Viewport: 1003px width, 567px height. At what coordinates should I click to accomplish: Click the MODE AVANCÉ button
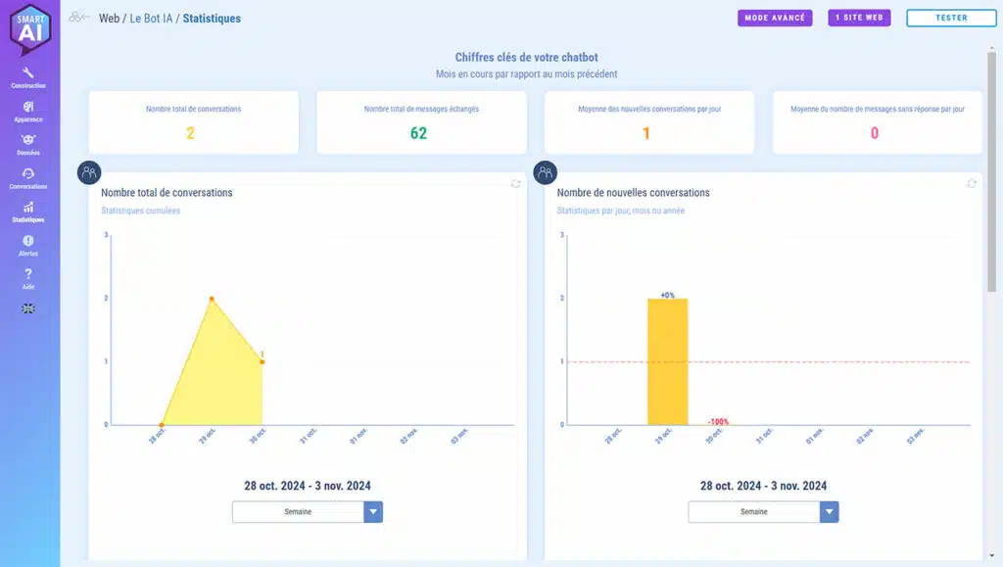point(775,18)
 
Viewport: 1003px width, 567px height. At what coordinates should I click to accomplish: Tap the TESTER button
point(951,18)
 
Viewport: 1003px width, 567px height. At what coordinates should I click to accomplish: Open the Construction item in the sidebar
point(28,77)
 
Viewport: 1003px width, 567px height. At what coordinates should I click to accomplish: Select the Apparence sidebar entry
point(28,111)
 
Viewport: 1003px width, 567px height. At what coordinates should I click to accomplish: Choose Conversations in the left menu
point(28,177)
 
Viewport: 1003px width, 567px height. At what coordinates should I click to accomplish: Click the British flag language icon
point(28,307)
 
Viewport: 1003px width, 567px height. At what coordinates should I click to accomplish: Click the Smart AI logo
point(29,29)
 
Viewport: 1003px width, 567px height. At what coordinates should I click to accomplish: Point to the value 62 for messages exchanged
point(418,133)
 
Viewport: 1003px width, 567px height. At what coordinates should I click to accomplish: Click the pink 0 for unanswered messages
point(875,133)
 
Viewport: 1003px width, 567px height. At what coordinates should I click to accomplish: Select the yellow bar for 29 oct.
point(667,361)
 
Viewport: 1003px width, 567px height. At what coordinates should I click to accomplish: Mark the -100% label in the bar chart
point(718,422)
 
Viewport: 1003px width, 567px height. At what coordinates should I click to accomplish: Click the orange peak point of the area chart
point(212,299)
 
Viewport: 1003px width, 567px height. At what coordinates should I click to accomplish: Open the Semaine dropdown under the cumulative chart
point(298,512)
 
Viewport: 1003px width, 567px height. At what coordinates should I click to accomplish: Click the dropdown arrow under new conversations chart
point(830,512)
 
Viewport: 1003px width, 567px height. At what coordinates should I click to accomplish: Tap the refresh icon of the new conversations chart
point(972,183)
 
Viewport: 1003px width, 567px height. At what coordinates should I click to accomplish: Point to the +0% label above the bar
point(667,295)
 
